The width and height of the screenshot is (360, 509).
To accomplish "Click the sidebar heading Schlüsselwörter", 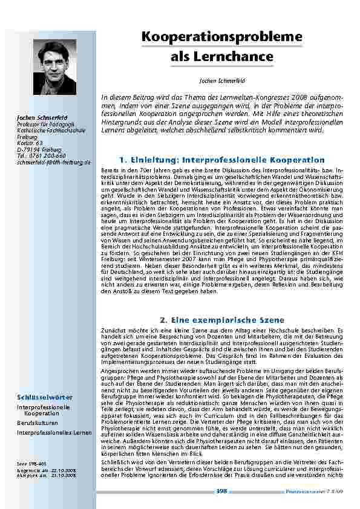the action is (45, 397).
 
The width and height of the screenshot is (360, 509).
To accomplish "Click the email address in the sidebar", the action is (53, 163).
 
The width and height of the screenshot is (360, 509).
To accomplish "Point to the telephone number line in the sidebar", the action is (42, 157).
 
